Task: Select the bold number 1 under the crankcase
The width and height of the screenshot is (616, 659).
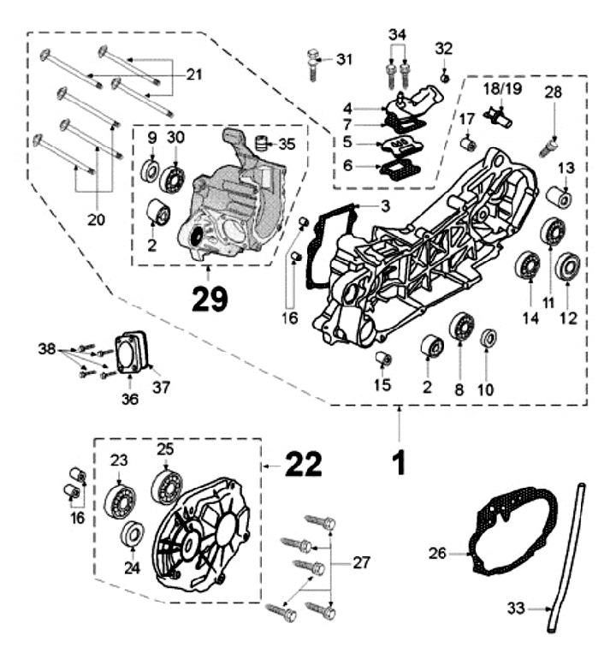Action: (x=398, y=462)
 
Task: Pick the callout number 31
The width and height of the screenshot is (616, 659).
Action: (x=343, y=59)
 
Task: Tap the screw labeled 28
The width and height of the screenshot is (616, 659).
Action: (x=552, y=146)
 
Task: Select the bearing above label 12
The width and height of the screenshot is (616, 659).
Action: (x=566, y=267)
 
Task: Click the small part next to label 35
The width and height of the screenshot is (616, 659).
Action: (x=264, y=142)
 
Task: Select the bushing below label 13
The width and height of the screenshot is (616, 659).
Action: (x=560, y=199)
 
